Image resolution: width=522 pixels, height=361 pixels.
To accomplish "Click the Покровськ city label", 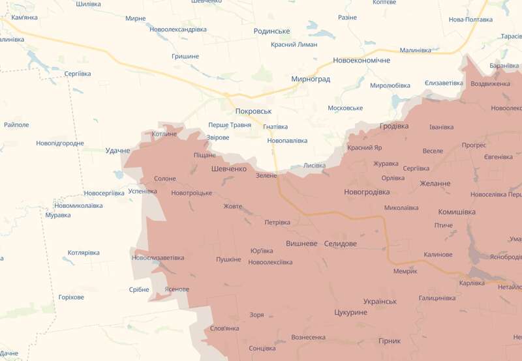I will coord(253,111).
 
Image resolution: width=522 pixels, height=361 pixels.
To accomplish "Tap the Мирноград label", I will coord(311,79).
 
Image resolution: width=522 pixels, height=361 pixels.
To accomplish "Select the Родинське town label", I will coord(271,31).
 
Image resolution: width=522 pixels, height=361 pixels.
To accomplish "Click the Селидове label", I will coord(341,243).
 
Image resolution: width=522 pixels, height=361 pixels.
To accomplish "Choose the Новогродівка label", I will coord(367,192).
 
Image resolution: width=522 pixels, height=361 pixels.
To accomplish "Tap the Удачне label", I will coord(118,151).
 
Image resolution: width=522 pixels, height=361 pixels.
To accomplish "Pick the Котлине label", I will coord(164,134).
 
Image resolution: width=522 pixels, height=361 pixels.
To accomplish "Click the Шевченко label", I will coord(229,169).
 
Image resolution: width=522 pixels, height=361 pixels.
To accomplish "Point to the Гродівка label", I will coord(394,126).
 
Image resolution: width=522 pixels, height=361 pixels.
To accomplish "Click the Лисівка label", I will coord(315,166).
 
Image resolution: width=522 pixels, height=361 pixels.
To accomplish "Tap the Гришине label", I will coord(185,57).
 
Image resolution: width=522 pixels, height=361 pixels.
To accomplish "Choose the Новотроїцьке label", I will coord(191,194).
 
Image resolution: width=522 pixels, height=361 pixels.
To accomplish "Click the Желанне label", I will coord(435,184).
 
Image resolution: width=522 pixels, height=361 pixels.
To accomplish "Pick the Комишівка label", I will coord(457,212).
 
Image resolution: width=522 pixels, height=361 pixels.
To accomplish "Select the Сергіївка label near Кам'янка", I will coord(78,74).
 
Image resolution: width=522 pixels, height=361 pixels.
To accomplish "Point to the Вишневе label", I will coord(301,243).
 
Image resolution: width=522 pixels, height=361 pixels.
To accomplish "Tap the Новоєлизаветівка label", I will coord(158,257).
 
